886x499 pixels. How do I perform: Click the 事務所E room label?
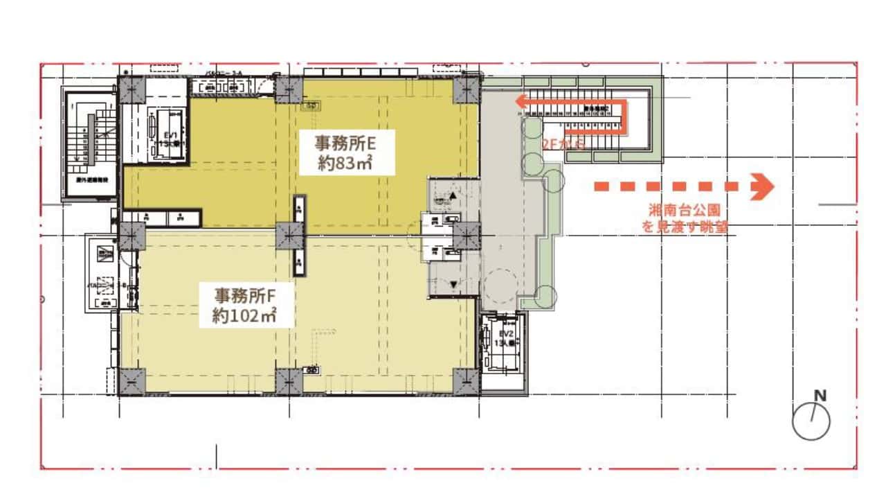(x=345, y=143)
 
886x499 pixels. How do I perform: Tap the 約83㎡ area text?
(x=345, y=164)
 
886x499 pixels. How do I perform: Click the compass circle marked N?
(x=811, y=421)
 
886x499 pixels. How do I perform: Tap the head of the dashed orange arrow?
(x=763, y=186)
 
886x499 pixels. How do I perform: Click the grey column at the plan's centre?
(x=289, y=236)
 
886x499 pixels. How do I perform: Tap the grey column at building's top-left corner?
(x=132, y=89)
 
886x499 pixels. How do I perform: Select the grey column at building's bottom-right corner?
(x=466, y=380)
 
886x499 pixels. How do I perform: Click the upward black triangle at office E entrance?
(x=453, y=196)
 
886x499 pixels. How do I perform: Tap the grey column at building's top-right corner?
(x=467, y=89)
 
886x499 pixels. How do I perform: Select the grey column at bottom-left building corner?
(x=132, y=381)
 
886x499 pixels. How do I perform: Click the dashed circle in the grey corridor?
(x=499, y=284)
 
